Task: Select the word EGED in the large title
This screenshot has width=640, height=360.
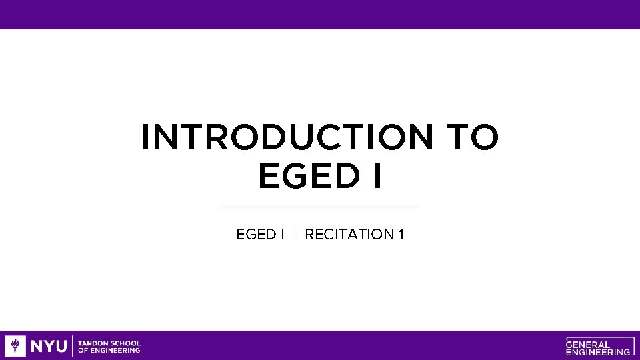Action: [307, 177]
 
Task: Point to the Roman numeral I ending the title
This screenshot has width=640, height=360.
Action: [377, 177]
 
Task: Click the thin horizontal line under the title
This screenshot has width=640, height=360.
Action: [319, 207]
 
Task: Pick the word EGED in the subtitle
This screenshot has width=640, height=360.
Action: [256, 235]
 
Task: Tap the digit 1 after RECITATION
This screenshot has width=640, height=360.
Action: [401, 235]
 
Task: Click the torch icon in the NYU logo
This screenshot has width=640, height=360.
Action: [15, 346]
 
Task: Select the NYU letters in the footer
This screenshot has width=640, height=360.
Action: [49, 346]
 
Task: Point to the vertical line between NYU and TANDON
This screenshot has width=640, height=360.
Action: [72, 346]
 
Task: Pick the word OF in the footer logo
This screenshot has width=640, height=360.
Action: [83, 351]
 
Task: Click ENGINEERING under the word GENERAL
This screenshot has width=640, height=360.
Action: [598, 351]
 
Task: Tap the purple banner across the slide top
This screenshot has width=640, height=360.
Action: [320, 14]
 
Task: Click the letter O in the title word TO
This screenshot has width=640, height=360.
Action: [485, 138]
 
